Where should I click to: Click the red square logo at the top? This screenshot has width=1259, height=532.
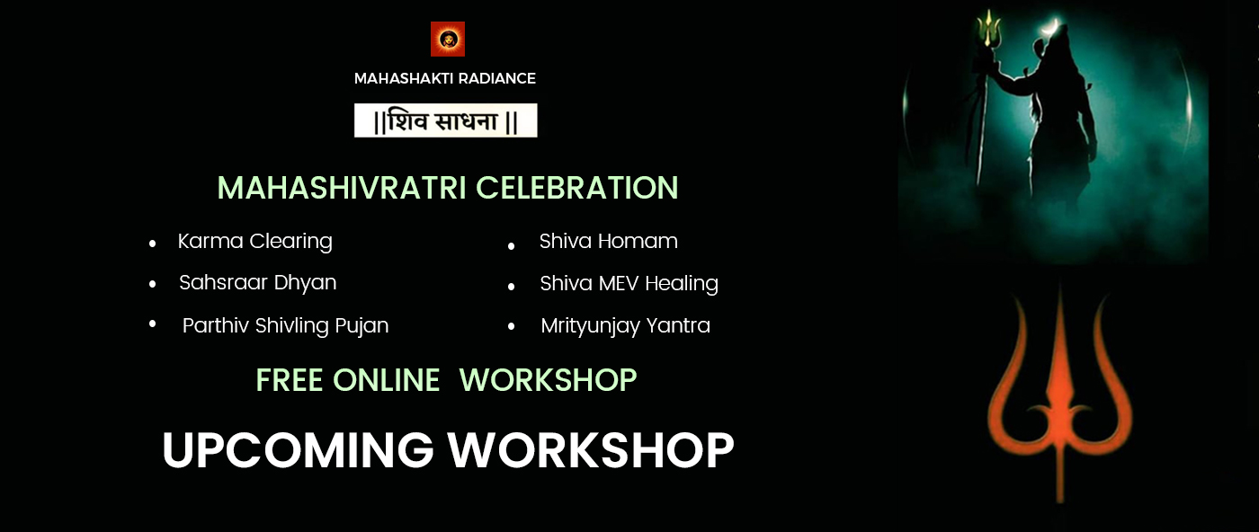(x=448, y=39)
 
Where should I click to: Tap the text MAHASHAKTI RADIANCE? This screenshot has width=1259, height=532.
(x=444, y=78)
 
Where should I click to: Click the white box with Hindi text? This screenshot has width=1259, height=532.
(x=446, y=120)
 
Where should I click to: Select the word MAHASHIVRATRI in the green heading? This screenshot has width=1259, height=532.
(x=342, y=188)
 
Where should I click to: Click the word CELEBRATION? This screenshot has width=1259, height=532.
(x=577, y=188)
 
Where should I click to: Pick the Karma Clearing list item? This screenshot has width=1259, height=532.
(x=255, y=241)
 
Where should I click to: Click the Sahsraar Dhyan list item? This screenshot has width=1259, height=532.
(x=257, y=282)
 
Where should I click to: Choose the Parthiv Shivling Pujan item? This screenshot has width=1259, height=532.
(x=286, y=325)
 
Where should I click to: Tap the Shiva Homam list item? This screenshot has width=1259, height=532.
(x=608, y=241)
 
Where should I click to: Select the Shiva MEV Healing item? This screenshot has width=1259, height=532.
(x=629, y=283)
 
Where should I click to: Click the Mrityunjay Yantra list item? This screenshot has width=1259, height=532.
(x=626, y=325)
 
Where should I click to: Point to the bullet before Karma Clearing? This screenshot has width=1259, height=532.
(x=152, y=244)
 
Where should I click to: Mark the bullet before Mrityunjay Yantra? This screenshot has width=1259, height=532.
(x=511, y=326)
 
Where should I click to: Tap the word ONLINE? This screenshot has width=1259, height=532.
(x=386, y=380)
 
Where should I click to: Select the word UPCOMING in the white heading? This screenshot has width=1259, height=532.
(x=298, y=450)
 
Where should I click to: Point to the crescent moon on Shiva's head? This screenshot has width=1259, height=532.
(x=1050, y=27)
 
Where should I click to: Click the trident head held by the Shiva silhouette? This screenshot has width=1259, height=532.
(x=988, y=28)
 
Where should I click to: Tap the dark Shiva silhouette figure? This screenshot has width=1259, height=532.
(x=1057, y=118)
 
